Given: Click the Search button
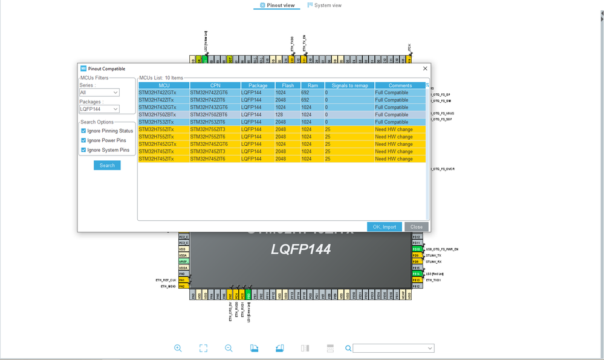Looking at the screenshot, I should pyautogui.click(x=107, y=165).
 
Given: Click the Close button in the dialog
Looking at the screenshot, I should pyautogui.click(x=416, y=227).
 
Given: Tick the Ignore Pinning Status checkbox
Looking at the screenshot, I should pyautogui.click(x=83, y=131).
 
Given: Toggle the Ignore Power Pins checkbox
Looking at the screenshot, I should pyautogui.click(x=83, y=140).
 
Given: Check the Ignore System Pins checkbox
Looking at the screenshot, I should pyautogui.click(x=83, y=150).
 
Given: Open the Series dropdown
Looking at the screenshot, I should pyautogui.click(x=99, y=93).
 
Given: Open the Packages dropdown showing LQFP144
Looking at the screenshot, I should pyautogui.click(x=99, y=109).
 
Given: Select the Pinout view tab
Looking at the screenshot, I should pyautogui.click(x=278, y=5).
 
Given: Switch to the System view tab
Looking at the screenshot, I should pyautogui.click(x=324, y=5).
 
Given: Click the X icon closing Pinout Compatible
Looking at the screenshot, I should pyautogui.click(x=425, y=68).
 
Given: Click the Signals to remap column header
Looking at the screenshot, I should pyautogui.click(x=349, y=85).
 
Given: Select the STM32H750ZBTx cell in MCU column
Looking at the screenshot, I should pyautogui.click(x=163, y=114).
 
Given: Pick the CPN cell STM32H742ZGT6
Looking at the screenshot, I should pyautogui.click(x=214, y=93).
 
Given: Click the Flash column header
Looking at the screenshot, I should pyautogui.click(x=288, y=85).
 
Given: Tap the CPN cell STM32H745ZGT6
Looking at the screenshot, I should pyautogui.click(x=214, y=144).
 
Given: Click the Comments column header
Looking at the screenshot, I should pyautogui.click(x=400, y=85).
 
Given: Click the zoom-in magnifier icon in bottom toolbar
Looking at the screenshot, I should pyautogui.click(x=178, y=348).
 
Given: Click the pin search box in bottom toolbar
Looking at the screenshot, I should pyautogui.click(x=392, y=348).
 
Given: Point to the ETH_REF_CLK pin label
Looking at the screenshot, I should pyautogui.click(x=164, y=280).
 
